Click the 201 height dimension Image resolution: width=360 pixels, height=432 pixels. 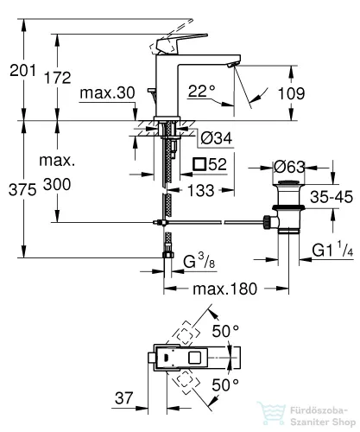tap(22, 70)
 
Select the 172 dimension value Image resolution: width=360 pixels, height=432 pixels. tap(58, 78)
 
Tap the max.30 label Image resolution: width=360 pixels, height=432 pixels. tap(107, 93)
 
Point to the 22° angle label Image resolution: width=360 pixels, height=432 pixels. tap(202, 91)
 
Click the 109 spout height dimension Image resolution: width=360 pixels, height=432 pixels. tap(291, 93)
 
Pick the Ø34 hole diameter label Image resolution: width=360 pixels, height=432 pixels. tap(217, 138)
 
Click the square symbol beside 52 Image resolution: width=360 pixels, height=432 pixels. tap(199, 164)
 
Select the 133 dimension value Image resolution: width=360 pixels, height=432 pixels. tap(201, 191)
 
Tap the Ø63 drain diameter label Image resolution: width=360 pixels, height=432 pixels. tap(289, 167)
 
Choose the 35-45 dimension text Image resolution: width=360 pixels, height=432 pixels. tap(332, 197)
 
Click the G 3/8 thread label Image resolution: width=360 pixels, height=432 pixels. tap(199, 261)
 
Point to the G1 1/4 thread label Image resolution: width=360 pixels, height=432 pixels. tap(332, 250)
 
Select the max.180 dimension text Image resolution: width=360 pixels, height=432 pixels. tap(224, 289)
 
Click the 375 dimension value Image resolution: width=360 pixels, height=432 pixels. tap(22, 190)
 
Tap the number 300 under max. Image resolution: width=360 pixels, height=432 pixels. tap(57, 184)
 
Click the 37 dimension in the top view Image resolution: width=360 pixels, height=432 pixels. tap(124, 398)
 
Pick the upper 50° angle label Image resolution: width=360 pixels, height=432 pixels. tap(225, 331)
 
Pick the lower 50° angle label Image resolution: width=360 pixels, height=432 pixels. tap(225, 385)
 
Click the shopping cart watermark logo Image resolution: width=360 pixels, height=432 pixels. tap(271, 414)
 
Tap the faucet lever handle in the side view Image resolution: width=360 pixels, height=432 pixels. tap(180, 43)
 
